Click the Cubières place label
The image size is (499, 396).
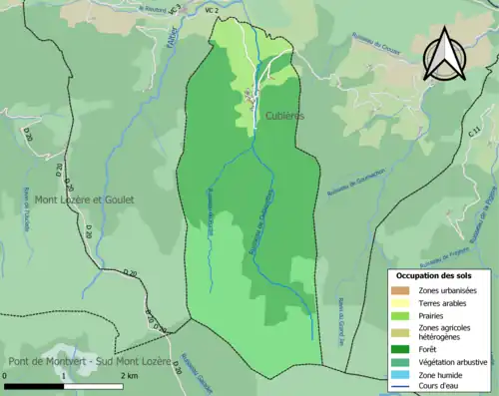pos(284,116)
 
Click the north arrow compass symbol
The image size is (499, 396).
pos(446,53)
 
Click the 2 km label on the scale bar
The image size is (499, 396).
pos(131,376)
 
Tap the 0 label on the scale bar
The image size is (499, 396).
pos(6,376)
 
